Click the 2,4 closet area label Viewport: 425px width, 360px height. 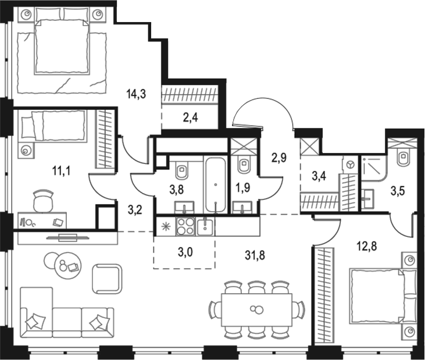189,119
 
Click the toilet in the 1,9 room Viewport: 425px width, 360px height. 245,165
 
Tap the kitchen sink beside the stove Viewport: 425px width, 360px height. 205,226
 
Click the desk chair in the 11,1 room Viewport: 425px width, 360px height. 41,201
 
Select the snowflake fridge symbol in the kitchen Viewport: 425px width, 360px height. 163,225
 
